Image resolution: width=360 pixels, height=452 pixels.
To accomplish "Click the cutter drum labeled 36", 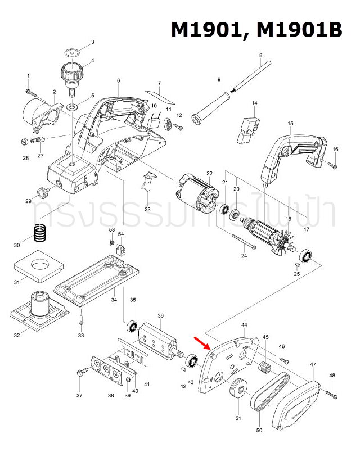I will (159, 340).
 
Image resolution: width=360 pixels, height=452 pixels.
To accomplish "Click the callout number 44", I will (244, 326).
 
